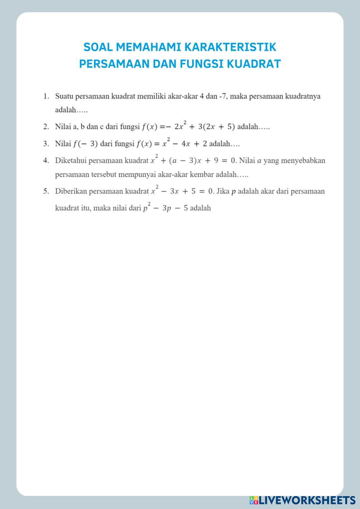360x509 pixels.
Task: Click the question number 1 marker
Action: [x=46, y=96]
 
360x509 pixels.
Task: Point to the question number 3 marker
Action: [x=46, y=144]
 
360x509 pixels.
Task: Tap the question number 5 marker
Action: [x=46, y=191]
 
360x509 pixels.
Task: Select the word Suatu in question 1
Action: [x=64, y=96]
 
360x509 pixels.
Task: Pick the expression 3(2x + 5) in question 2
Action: [x=216, y=127]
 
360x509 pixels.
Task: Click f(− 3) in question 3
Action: [x=85, y=144]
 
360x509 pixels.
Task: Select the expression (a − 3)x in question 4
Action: [x=185, y=161]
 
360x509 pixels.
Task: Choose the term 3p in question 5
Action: [x=166, y=208]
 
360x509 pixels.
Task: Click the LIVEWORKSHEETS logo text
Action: [x=307, y=500]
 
